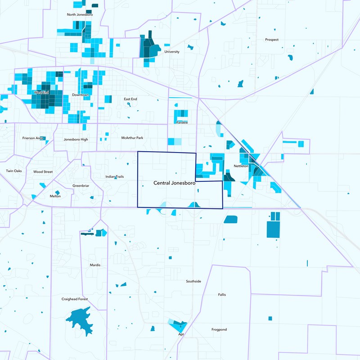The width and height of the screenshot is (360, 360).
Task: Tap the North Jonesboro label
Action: (x=79, y=14)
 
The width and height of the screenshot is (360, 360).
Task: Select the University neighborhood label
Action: (x=172, y=52)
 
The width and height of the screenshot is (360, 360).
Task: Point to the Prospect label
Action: (x=272, y=40)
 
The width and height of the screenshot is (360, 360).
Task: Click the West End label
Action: (x=41, y=93)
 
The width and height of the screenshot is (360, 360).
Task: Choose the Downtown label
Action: (x=81, y=95)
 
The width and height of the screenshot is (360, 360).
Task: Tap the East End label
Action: (x=130, y=99)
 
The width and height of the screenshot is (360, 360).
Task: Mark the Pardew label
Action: (x=182, y=122)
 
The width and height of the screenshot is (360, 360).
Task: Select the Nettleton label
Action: (x=241, y=166)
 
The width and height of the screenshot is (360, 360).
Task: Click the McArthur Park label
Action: (x=132, y=138)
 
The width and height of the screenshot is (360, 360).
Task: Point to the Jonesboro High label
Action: (x=76, y=139)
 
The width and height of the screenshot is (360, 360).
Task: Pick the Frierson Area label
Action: (x=33, y=138)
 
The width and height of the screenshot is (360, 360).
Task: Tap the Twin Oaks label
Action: (x=14, y=171)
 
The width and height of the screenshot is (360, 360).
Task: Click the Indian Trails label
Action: (x=115, y=177)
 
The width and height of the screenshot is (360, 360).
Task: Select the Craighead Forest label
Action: (x=75, y=299)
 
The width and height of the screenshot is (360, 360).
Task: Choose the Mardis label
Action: (x=95, y=265)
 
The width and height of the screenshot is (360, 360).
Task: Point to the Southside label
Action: (x=193, y=281)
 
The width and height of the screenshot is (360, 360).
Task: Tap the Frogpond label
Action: (x=219, y=330)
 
